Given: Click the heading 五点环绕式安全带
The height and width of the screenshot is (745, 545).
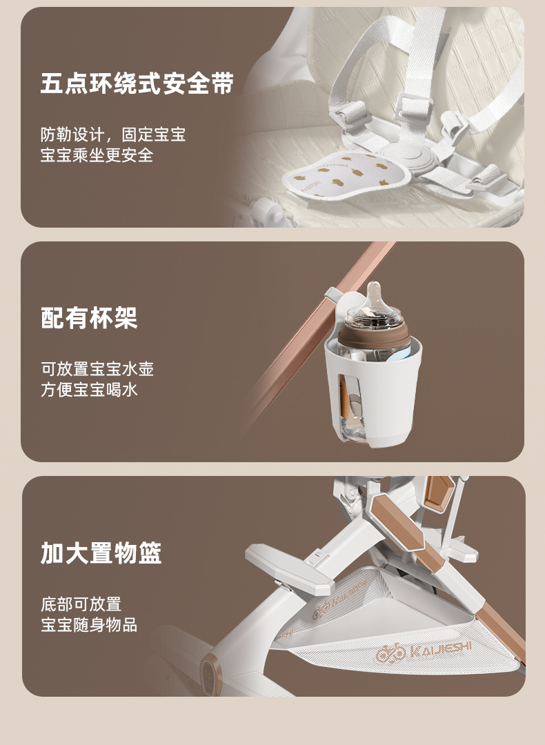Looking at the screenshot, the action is (137, 83).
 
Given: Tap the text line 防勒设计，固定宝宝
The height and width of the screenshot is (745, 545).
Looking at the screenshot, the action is (112, 135).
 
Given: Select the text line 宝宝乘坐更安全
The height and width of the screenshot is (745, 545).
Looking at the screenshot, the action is (97, 155).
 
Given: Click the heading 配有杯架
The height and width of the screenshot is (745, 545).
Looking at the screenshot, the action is (89, 318).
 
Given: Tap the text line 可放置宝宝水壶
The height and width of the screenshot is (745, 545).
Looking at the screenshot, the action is (97, 368).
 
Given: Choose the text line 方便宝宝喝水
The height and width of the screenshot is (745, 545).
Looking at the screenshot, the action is (89, 390).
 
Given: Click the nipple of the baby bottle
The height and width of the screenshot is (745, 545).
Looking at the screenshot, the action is (373, 296).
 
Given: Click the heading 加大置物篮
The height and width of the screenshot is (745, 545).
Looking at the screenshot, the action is (101, 553).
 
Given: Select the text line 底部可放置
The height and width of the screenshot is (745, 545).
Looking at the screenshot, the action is (81, 604).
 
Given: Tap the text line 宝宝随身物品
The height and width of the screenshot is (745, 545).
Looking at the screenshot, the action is (89, 625).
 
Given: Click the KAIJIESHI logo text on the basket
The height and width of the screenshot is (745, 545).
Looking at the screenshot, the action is (440, 649).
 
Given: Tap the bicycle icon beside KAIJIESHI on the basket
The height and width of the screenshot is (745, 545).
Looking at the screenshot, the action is (390, 655).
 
